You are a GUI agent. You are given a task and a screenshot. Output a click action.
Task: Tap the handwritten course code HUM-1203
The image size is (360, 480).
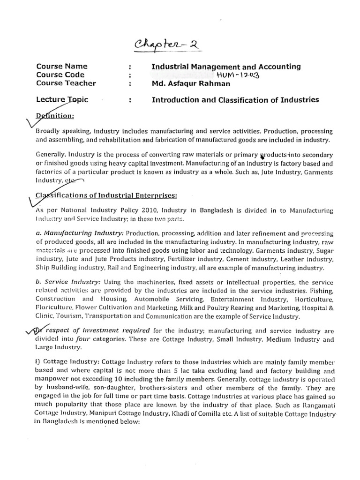pyautogui.click(x=238, y=75)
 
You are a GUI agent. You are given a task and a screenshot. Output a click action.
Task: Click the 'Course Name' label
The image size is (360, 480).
pyautogui.click(x=62, y=67)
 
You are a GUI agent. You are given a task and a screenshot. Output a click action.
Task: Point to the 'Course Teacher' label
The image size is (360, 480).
pyautogui.click(x=66, y=83)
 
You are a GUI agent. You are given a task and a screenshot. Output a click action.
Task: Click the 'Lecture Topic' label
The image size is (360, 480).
pyautogui.click(x=62, y=100)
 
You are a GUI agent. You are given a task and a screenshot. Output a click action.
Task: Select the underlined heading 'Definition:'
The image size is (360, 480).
pyautogui.click(x=56, y=116)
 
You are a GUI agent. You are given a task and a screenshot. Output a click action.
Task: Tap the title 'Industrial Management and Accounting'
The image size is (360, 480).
pyautogui.click(x=226, y=67)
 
